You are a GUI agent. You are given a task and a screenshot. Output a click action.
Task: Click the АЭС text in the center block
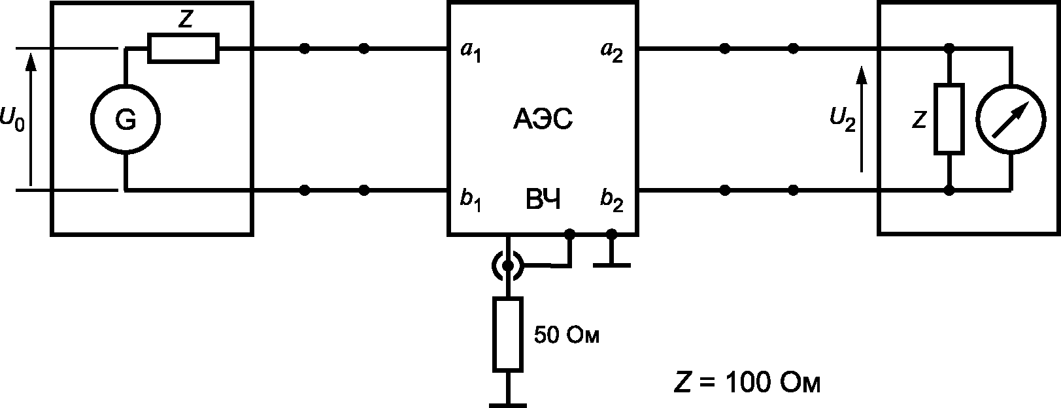point(543,119)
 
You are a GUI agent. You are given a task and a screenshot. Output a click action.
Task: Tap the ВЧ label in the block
point(543,199)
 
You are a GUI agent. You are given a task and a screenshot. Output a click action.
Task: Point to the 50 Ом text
point(567,335)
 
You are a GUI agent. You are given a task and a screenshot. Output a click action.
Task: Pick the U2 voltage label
point(843,119)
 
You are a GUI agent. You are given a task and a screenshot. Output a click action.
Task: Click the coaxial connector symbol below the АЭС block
point(508,266)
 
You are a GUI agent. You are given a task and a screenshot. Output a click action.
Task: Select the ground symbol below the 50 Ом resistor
point(508,405)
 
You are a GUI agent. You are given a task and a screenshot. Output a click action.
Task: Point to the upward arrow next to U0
point(31,119)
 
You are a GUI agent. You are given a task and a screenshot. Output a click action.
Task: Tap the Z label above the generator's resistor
point(185,20)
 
